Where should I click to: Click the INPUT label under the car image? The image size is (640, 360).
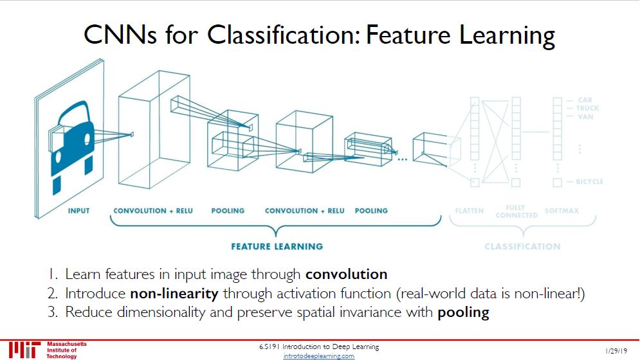[x=79, y=211]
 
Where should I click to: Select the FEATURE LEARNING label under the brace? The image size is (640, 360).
[x=277, y=246]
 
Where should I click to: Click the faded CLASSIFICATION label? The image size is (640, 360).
[x=522, y=246]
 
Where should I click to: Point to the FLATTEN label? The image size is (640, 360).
[x=469, y=211]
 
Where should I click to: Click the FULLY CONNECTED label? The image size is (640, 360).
[x=517, y=212]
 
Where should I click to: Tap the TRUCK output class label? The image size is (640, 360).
[x=587, y=108]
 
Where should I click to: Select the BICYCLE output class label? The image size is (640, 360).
[x=589, y=182]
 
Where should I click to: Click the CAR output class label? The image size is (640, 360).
[x=585, y=100]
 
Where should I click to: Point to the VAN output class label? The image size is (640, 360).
[x=585, y=116]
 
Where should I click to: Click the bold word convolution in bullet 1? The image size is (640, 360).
[x=346, y=274]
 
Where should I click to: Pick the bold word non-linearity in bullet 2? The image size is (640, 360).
[x=174, y=294]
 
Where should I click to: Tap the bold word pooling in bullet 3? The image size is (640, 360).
[x=463, y=313]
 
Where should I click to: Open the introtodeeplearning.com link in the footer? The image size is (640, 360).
[x=319, y=356]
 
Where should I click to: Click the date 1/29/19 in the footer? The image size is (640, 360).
[x=616, y=351]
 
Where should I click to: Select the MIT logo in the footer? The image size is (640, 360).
[x=23, y=350]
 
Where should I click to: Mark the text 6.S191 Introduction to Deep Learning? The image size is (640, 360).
[x=319, y=347]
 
